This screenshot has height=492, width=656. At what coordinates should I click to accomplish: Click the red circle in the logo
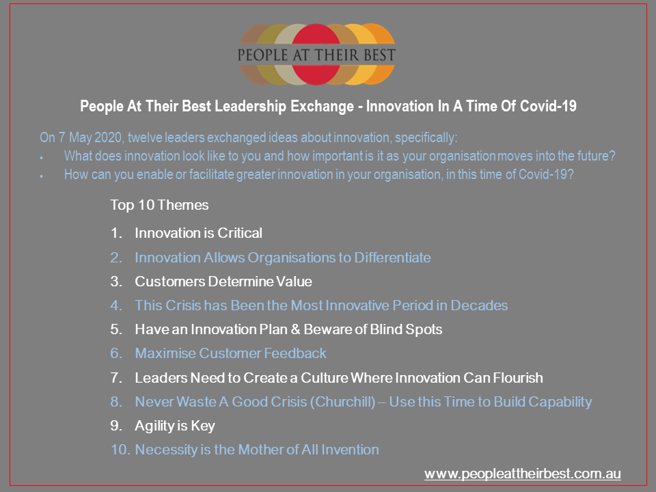point(316,55)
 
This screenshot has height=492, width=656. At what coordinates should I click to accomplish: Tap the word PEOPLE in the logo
point(262,55)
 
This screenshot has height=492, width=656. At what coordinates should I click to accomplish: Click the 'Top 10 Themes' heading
point(159,205)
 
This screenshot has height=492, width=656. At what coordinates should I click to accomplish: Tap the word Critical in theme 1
point(240,232)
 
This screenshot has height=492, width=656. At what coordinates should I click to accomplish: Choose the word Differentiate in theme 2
point(392,258)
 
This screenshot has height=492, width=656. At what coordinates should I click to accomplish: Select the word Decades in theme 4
point(479,305)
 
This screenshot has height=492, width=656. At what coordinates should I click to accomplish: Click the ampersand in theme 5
point(295,329)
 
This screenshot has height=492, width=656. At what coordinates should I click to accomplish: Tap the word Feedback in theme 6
point(295,353)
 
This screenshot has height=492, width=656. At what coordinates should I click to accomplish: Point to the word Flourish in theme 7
point(518,377)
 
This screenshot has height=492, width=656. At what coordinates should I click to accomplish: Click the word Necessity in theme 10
point(167,450)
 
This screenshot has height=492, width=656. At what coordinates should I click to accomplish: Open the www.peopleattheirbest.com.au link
point(523,474)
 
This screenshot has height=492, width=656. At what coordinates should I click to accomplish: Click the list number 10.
point(120,450)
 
